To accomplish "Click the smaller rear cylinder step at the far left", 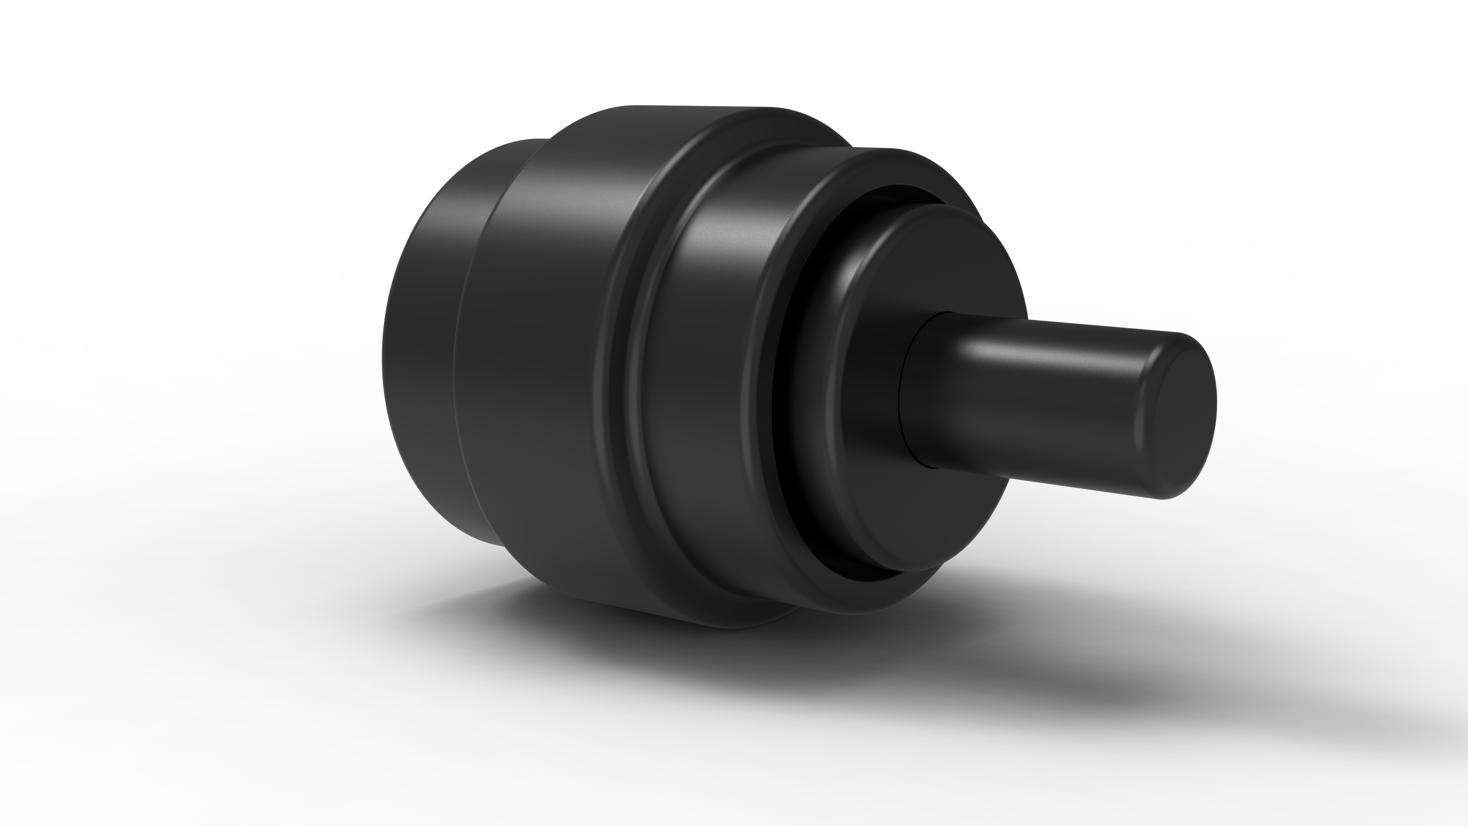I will (422, 342).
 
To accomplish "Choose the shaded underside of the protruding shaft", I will (1026, 467).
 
